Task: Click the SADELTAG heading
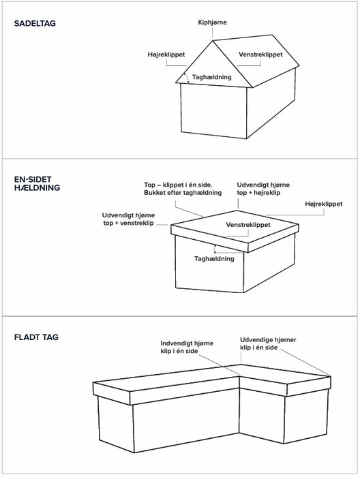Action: pos(35,23)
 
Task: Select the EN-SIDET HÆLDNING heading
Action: pos(37,183)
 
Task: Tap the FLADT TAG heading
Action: pos(36,337)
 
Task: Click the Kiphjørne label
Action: pos(212,22)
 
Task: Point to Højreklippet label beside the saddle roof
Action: pos(166,55)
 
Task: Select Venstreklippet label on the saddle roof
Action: pos(260,55)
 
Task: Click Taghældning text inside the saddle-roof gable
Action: pos(212,77)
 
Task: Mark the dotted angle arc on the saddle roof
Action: pos(187,78)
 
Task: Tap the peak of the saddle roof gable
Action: pos(213,41)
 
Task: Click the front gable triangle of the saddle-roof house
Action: pos(213,68)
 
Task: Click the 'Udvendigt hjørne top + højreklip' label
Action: pos(263,189)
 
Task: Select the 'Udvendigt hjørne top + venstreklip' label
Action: pos(128,219)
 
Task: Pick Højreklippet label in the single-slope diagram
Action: pos(323,204)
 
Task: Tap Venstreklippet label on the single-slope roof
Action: pos(248,225)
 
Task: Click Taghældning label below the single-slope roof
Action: pos(214,259)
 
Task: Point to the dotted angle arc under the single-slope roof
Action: pos(215,249)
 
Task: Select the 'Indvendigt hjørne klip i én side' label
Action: pos(187,347)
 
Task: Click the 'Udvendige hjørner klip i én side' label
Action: pos(268,343)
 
